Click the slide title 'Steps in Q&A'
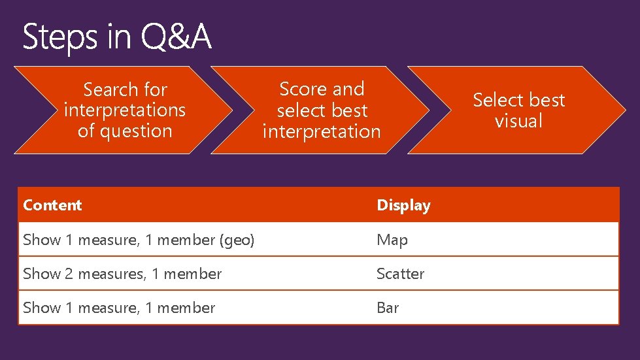[117, 37]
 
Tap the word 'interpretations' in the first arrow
[125, 110]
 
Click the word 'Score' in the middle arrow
[303, 89]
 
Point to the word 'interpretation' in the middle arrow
[321, 131]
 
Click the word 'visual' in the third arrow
[518, 121]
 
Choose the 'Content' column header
[52, 205]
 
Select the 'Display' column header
[403, 205]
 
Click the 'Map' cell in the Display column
[392, 240]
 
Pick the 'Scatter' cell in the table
[400, 274]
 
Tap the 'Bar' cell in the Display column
[388, 308]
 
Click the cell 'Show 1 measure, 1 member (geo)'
[139, 240]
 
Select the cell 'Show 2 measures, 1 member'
[122, 274]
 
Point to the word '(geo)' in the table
[237, 240]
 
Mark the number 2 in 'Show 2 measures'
[70, 274]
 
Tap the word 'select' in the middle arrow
[299, 110]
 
